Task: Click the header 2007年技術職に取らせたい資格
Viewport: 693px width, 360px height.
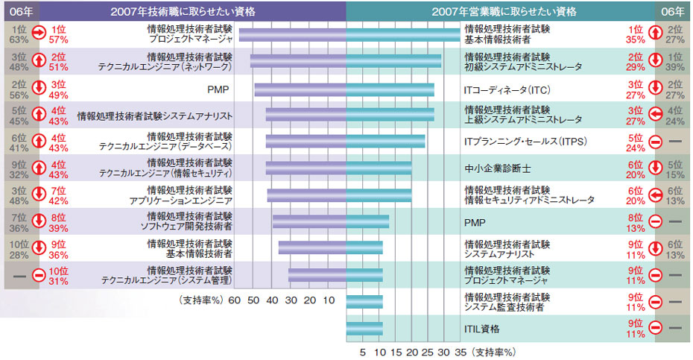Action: tap(192, 11)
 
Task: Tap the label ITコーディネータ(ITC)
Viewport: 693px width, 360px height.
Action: tap(496, 90)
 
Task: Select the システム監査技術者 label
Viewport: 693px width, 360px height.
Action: tap(504, 306)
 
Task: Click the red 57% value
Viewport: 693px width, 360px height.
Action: tap(59, 40)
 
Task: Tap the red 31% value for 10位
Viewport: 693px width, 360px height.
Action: tap(59, 280)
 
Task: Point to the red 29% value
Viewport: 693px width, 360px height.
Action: tap(636, 66)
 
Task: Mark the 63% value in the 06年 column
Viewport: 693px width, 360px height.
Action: tap(19, 40)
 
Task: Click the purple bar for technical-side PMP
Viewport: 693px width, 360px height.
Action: tap(300, 90)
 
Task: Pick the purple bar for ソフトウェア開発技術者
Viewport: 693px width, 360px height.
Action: tap(309, 221)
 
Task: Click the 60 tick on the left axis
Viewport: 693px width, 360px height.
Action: tap(234, 300)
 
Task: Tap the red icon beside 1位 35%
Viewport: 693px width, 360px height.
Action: tap(654, 34)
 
